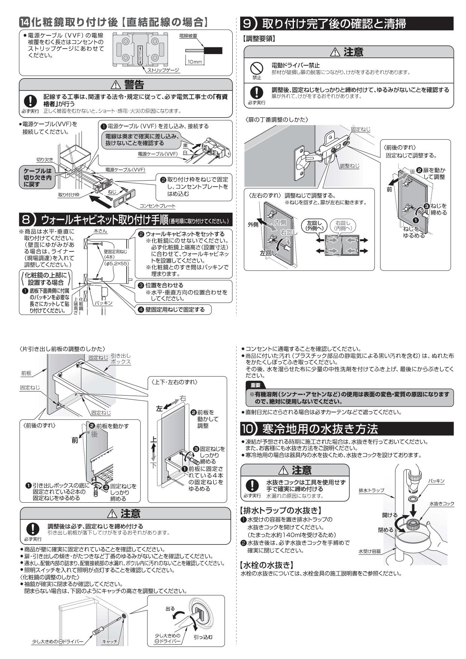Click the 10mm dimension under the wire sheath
(195, 61)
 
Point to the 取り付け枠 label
(69, 195)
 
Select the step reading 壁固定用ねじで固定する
(173, 310)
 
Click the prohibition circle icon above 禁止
(256, 68)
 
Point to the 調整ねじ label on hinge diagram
(349, 165)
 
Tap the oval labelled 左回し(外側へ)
(314, 225)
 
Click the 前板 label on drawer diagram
(26, 373)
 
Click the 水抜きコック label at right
(442, 503)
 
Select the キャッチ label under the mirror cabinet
(110, 642)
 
